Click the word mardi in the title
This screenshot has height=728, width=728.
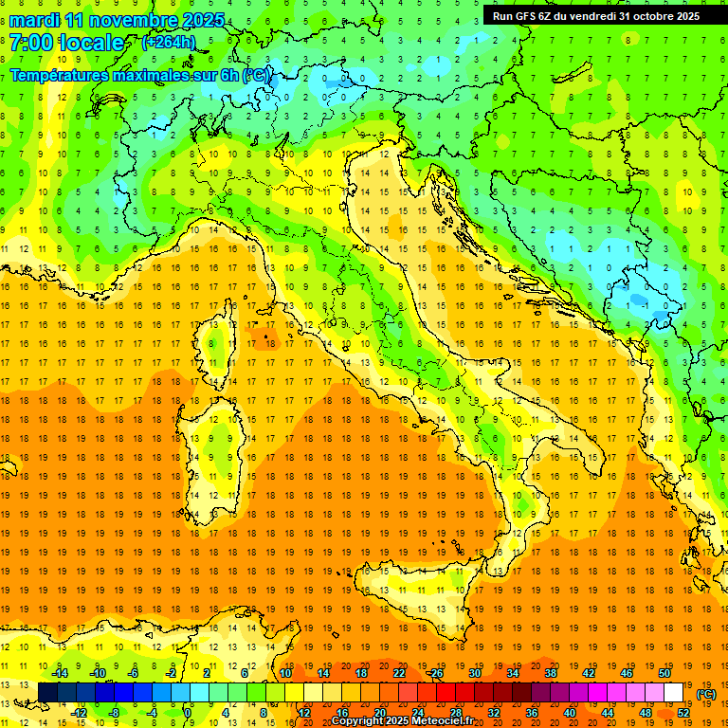[x=36, y=20]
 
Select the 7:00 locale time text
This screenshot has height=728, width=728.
[x=66, y=43]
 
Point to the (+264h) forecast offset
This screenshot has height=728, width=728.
[x=169, y=43]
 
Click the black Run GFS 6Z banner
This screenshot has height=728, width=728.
[x=596, y=15]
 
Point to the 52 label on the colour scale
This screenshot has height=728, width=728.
[x=682, y=713]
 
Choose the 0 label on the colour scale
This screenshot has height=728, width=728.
[x=188, y=713]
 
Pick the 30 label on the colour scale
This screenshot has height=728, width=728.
[x=474, y=673]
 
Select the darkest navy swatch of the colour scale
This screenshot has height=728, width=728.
[x=47, y=693]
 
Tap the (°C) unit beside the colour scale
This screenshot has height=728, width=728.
[x=705, y=694]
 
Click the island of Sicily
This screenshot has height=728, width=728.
[x=417, y=597]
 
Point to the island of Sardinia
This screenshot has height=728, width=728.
[x=216, y=446]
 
